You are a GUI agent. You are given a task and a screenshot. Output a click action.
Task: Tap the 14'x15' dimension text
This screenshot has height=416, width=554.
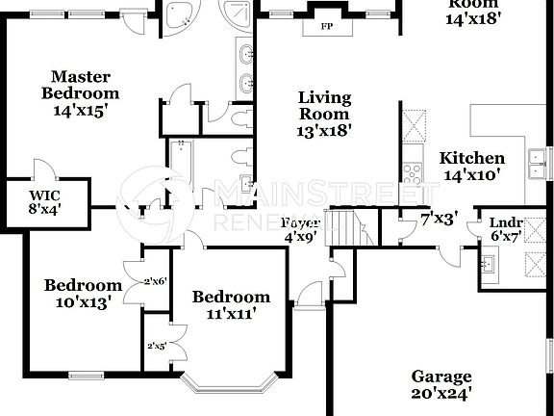pos(80,110)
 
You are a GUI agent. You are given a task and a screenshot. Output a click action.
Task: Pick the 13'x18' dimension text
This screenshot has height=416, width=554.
pos(324,130)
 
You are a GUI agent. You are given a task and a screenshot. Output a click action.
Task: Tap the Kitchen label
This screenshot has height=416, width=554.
pos(471,158)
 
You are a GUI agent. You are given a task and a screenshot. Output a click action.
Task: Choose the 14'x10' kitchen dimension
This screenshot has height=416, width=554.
pos(471,175)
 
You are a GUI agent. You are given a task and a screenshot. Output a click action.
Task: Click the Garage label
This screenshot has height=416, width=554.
pos(441,376)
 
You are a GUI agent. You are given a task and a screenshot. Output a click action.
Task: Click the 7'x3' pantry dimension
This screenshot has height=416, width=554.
pos(439,221)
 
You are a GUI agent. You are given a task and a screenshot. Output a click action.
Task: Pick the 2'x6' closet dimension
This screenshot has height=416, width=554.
pos(156,281)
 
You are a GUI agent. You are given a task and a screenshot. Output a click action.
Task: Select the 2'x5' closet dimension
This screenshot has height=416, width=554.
pos(156,345)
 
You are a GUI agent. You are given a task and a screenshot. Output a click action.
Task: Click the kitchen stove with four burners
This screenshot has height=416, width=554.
pos(413,173)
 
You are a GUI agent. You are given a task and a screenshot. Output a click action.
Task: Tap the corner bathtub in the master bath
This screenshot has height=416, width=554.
pos(176,16)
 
